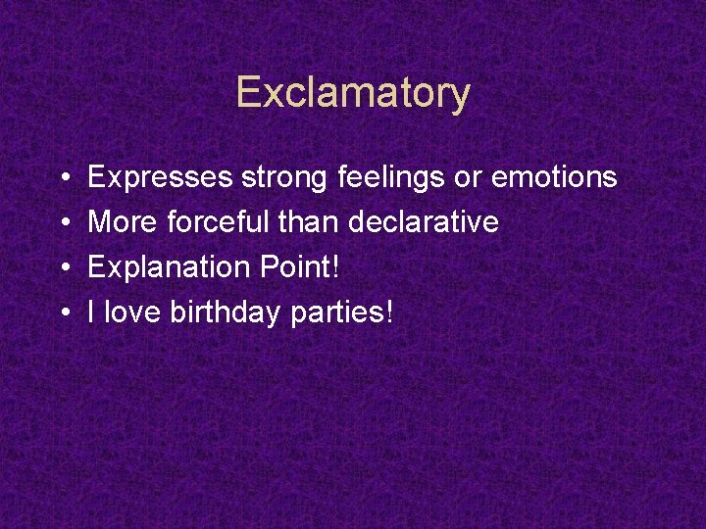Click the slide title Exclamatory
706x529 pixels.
pyautogui.click(x=353, y=93)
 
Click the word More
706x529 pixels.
pyautogui.click(x=123, y=222)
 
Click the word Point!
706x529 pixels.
pyautogui.click(x=295, y=267)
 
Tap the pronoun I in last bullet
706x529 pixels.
pyautogui.click(x=91, y=313)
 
